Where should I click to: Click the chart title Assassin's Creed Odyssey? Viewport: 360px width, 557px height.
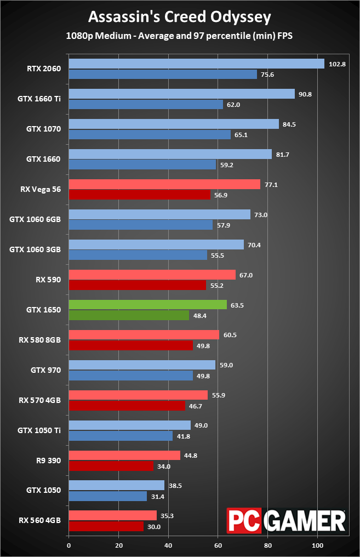pyautogui.click(x=180, y=18)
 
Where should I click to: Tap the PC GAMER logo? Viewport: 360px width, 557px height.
pyautogui.click(x=286, y=520)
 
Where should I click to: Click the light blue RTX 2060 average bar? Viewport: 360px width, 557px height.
pyautogui.click(x=196, y=64)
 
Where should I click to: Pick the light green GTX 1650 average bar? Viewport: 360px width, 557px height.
pyautogui.click(x=147, y=305)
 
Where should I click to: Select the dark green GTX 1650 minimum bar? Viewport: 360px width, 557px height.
pyautogui.click(x=129, y=315)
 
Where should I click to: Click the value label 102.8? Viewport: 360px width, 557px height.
pyautogui.click(x=338, y=64)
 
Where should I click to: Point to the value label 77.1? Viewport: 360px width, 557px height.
pyautogui.click(x=271, y=185)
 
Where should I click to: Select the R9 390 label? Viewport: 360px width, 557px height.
pyautogui.click(x=48, y=461)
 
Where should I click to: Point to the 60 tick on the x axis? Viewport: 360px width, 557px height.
pyautogui.click(x=218, y=545)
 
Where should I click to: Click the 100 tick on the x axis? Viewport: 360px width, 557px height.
pyautogui.click(x=318, y=545)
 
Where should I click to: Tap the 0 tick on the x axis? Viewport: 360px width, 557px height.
pyautogui.click(x=68, y=545)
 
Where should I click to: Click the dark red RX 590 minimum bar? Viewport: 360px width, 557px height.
pyautogui.click(x=137, y=285)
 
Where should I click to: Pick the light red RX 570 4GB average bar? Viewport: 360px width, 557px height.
pyautogui.click(x=138, y=395)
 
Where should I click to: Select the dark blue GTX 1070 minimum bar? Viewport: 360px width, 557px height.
pyautogui.click(x=150, y=134)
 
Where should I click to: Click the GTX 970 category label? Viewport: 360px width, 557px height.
pyautogui.click(x=47, y=370)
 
